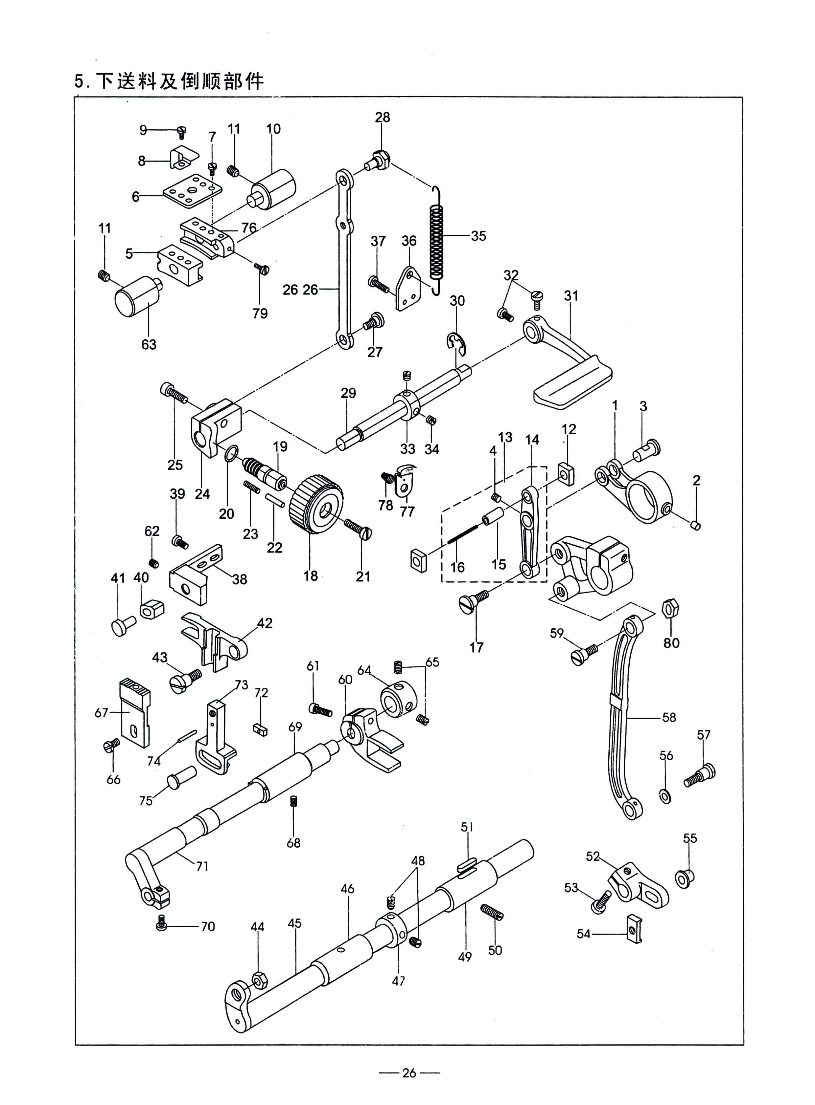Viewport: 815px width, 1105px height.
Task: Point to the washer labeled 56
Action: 665,795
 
